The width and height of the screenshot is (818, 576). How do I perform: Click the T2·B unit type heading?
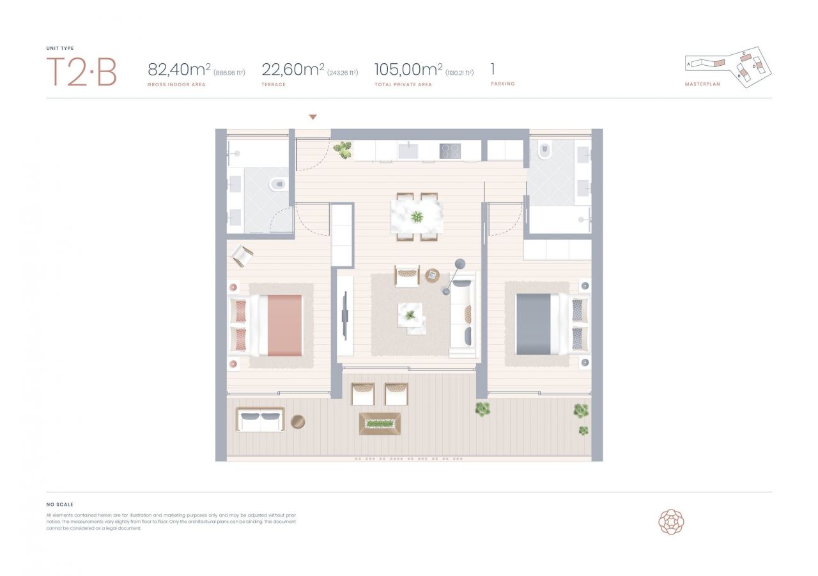[81, 72]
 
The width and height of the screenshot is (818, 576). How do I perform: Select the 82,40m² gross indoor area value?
[179, 70]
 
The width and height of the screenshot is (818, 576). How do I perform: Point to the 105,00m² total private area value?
[408, 70]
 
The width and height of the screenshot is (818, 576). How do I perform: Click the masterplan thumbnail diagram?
[729, 66]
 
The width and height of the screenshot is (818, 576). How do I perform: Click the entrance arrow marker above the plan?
[313, 117]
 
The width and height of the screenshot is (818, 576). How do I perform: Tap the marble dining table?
[417, 217]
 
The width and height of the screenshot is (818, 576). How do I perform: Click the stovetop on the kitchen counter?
[450, 151]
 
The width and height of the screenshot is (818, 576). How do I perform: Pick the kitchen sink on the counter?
[408, 151]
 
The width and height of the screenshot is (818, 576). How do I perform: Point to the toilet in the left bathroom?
[277, 185]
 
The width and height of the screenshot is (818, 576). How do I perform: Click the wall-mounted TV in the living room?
[345, 315]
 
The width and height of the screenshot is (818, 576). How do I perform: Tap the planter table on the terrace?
[380, 423]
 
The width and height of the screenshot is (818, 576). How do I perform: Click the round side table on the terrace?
[298, 421]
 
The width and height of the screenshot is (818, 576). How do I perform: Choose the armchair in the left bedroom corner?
[242, 255]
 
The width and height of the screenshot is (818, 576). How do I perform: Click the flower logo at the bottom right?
[671, 522]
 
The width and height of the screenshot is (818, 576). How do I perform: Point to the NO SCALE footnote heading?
[60, 504]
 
